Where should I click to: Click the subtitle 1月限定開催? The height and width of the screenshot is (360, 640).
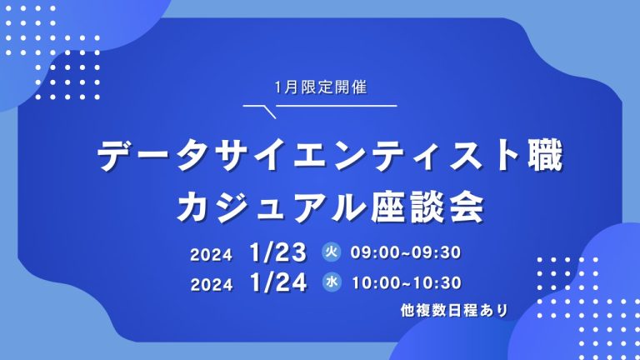point(321,87)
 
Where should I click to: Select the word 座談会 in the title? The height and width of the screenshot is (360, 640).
point(427,207)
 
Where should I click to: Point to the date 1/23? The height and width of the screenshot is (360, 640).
point(277,252)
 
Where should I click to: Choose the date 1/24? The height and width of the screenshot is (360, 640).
point(278,282)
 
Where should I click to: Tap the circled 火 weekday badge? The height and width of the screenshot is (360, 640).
point(331,252)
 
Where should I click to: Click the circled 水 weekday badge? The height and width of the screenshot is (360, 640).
point(332,282)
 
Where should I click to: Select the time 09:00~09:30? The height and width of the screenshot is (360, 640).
point(406,252)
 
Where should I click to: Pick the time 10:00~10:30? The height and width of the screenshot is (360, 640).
point(407,282)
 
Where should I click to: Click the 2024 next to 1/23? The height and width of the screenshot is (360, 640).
point(211,255)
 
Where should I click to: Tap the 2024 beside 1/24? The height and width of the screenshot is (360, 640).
point(212,284)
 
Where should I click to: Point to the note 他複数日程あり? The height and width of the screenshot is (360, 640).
point(454,310)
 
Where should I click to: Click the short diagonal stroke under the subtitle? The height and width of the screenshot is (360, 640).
point(270,112)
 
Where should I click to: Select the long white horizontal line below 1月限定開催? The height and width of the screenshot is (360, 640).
point(337,106)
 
